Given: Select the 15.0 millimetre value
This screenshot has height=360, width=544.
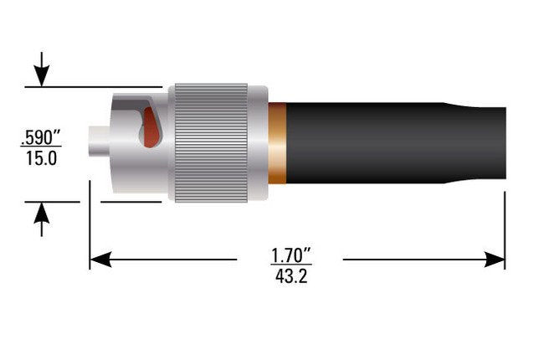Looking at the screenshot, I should point(39,157).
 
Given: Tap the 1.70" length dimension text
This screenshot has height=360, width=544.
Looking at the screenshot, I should point(290,253).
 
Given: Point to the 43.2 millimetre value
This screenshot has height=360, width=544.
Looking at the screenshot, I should point(290,275).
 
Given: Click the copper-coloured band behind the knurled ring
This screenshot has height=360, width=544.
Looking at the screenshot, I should point(277,142).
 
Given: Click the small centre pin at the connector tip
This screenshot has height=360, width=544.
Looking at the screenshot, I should point(100,141).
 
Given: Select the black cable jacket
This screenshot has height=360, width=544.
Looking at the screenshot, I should point(360,142).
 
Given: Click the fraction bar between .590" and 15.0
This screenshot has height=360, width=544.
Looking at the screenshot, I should point(39,146).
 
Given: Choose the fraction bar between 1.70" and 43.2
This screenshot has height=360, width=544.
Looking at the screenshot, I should point(290,264).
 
